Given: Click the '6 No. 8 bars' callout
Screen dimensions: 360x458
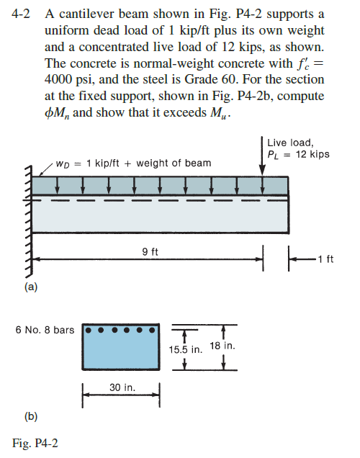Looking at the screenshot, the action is (45, 331).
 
